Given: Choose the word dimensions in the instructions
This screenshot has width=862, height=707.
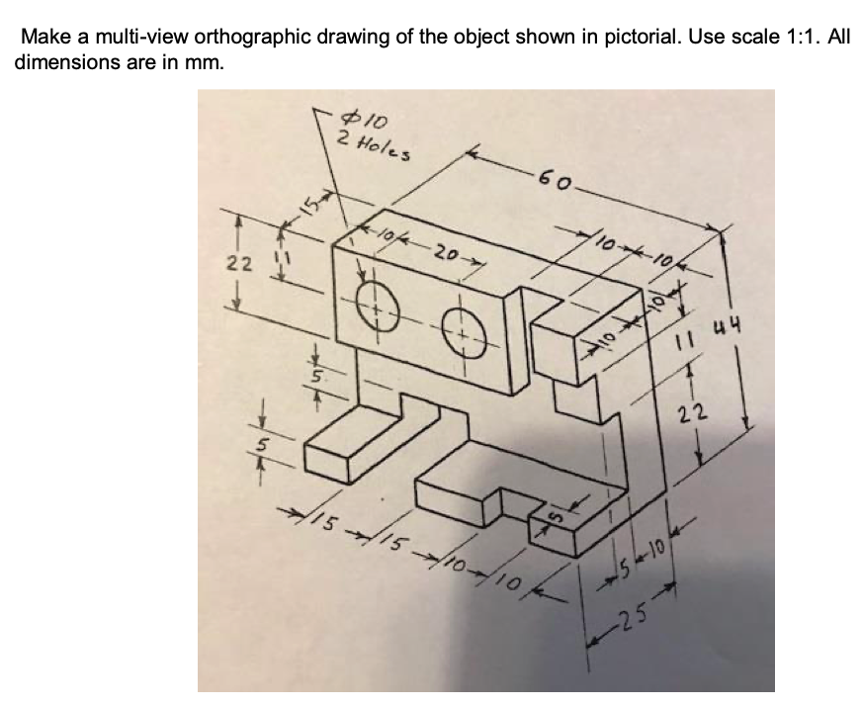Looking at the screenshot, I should coord(64,61).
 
